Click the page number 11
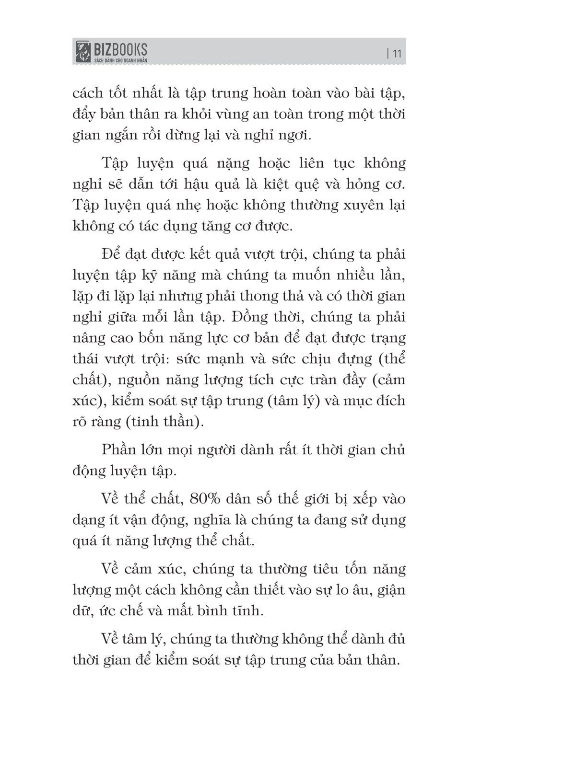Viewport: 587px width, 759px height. pos(397,53)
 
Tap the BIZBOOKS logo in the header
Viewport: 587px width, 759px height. pos(111,51)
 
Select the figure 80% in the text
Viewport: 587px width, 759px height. pos(205,499)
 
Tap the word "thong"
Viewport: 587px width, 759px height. pos(276,296)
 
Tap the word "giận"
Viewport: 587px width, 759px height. pos(391,590)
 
